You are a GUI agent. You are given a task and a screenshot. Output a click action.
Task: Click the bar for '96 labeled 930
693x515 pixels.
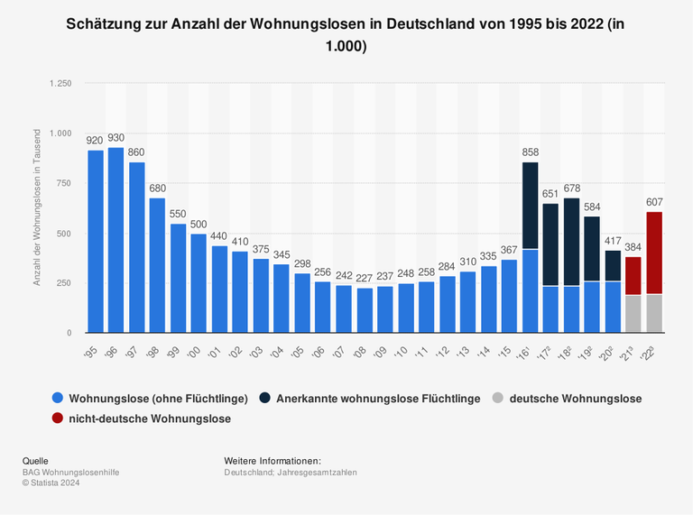[115, 240]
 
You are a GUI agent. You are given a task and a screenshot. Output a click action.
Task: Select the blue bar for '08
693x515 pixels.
[364, 309]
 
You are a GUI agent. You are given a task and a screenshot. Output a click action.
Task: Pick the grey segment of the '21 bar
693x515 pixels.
[633, 313]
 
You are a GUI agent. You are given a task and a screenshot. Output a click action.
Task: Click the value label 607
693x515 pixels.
[654, 202]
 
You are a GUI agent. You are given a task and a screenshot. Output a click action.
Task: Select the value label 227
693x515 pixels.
[365, 278]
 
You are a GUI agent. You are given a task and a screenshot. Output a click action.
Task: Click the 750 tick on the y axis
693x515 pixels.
[64, 183]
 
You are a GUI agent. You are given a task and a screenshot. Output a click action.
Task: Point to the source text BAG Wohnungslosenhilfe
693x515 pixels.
[70, 472]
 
